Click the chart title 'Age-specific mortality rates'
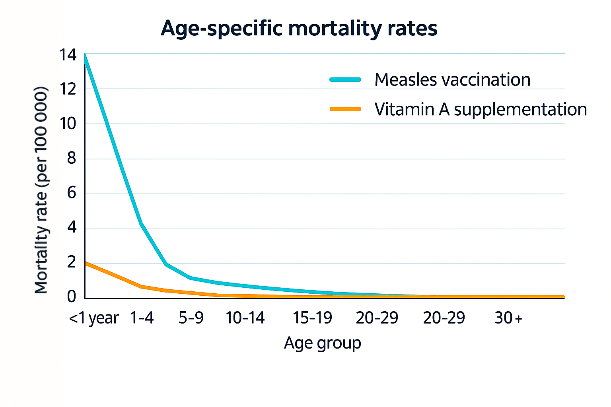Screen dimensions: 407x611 (299, 29)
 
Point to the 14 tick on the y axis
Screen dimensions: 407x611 (68, 55)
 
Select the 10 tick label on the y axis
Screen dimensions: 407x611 (68, 124)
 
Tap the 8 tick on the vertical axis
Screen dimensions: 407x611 (72, 158)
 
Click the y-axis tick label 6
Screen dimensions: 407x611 (72, 193)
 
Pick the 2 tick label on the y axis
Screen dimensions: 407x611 (72, 262)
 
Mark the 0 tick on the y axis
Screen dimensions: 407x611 (72, 296)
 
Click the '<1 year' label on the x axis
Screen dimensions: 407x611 (94, 318)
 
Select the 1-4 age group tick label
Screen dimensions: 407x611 (142, 318)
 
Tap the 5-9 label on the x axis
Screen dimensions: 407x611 (191, 318)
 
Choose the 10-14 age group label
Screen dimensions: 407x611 (245, 318)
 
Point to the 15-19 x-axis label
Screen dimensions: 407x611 (312, 318)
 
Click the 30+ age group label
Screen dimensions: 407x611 (508, 318)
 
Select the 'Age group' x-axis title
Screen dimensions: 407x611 (322, 343)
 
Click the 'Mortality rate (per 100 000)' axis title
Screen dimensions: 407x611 (41, 190)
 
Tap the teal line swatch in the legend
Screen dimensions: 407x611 (345, 79)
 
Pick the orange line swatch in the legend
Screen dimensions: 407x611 (345, 109)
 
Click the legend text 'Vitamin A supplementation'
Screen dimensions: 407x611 (481, 109)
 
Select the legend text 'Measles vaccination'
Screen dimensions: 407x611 (452, 79)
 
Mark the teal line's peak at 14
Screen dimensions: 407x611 (85, 55)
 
